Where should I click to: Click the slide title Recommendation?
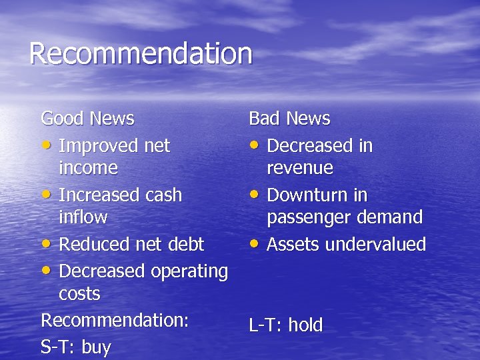(141, 54)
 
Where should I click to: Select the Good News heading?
(87, 119)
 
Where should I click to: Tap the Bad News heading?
(289, 119)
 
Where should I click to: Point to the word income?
(88, 167)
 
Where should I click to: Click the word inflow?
(83, 217)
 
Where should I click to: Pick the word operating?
(189, 272)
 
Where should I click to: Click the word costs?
(79, 293)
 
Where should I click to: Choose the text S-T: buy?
(75, 347)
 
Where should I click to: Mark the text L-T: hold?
(285, 325)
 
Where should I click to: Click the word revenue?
(299, 167)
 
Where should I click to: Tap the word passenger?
(308, 217)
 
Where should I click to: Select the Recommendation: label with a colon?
(115, 320)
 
